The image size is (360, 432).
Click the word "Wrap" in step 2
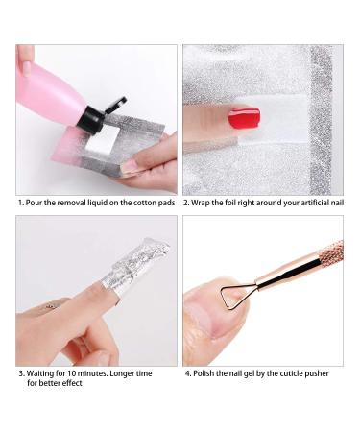click(204, 204)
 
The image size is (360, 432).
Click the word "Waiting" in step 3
click(43, 372)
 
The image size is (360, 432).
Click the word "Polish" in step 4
click(206, 372)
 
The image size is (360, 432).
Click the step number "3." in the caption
click(21, 372)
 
